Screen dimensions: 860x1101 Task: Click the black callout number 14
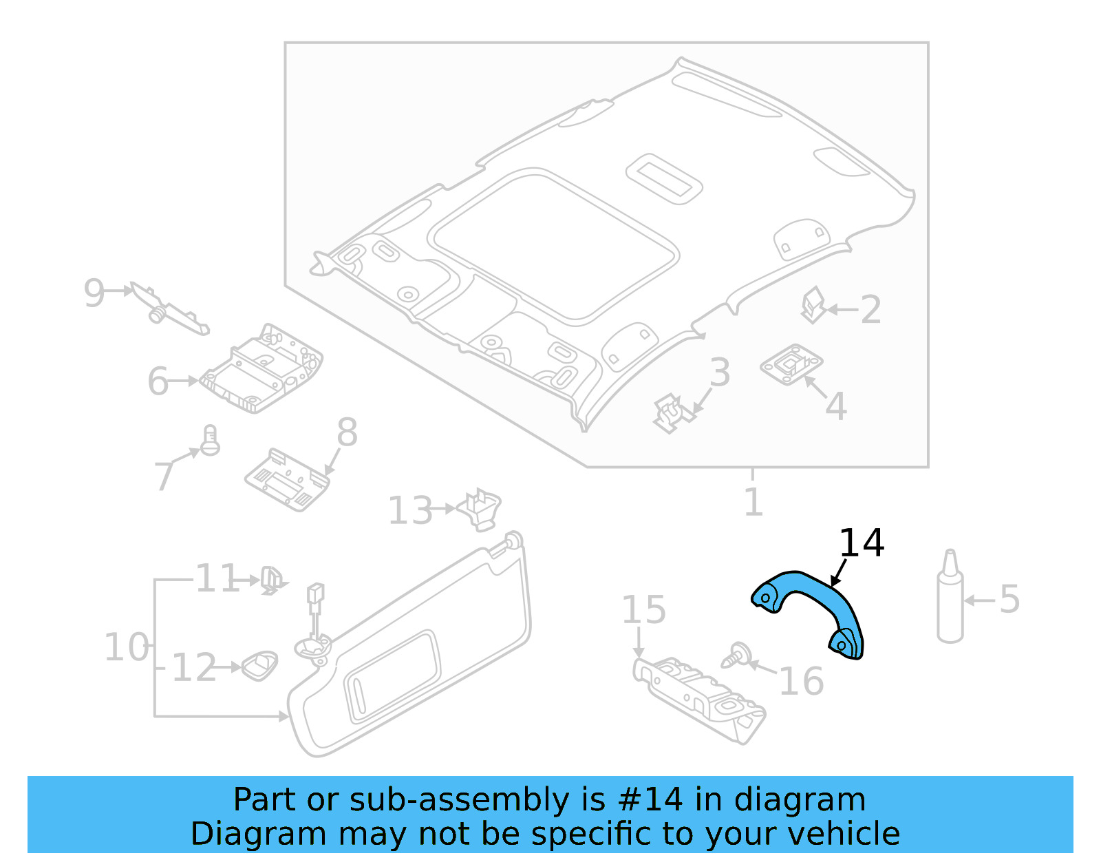pos(862,543)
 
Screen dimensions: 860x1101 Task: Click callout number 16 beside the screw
pos(801,682)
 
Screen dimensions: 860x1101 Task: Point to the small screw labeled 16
pos(738,655)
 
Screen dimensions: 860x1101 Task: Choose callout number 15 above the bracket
pos(643,610)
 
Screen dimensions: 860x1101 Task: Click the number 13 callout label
pos(410,511)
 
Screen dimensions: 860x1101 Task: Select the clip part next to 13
pos(483,509)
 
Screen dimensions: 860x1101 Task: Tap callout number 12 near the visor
pos(193,669)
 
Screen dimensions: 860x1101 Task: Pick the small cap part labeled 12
pos(259,666)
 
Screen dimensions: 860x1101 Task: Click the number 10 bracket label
pos(126,647)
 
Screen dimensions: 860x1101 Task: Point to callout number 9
pos(94,293)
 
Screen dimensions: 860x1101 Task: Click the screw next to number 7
pos(211,441)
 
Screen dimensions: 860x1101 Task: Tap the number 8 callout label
pos(347,432)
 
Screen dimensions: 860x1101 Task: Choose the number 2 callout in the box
pos(870,310)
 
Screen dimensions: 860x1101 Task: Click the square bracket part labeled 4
pos(791,364)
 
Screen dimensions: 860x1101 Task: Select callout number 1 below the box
pos(753,502)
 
